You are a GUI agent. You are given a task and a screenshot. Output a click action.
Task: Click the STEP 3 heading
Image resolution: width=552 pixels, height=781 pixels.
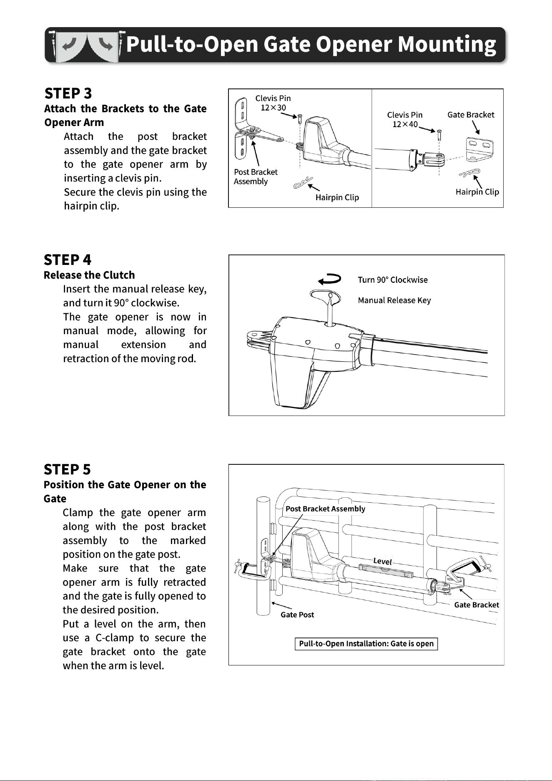[68, 93]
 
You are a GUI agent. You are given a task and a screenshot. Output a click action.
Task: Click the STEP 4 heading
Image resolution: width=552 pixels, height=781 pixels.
[68, 259]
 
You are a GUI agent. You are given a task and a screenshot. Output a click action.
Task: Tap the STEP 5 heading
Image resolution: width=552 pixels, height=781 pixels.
[67, 469]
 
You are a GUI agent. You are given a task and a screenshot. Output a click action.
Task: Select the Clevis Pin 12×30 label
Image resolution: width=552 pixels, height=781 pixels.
[273, 103]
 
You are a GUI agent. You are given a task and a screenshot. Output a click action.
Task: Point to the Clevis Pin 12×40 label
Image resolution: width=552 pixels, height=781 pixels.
[404, 119]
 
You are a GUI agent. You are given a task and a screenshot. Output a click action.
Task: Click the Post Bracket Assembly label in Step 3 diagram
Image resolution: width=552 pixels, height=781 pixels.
[255, 176]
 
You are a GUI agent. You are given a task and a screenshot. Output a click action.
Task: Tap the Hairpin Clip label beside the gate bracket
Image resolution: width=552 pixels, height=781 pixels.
[477, 192]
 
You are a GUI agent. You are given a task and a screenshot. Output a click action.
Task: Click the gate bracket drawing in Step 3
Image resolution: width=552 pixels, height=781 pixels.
[479, 149]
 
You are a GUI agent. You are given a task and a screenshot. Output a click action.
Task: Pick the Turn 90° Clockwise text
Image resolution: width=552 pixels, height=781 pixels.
[392, 280]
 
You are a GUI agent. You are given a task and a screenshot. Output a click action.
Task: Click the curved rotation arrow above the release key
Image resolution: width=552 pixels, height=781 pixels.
[329, 279]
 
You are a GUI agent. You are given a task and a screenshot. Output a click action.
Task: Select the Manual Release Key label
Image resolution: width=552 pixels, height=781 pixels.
[394, 300]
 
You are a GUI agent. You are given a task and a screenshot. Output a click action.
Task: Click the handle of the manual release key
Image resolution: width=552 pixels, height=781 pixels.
[326, 297]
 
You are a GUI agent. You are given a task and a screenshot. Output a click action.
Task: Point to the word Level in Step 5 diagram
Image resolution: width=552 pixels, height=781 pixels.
[382, 561]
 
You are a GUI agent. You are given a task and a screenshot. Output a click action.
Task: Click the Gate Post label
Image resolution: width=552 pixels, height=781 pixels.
[297, 615]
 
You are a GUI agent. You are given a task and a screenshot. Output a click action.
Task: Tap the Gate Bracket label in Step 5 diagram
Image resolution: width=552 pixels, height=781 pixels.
[477, 605]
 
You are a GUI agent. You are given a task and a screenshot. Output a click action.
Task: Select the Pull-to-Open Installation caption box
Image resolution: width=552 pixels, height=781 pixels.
[366, 644]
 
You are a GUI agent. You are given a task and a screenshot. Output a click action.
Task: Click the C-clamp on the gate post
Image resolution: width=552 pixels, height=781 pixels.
[252, 570]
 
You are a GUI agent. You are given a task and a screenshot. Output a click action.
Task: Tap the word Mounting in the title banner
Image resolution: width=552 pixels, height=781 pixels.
[447, 44]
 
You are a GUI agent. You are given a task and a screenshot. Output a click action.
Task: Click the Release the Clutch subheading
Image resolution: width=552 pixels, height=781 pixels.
[89, 275]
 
